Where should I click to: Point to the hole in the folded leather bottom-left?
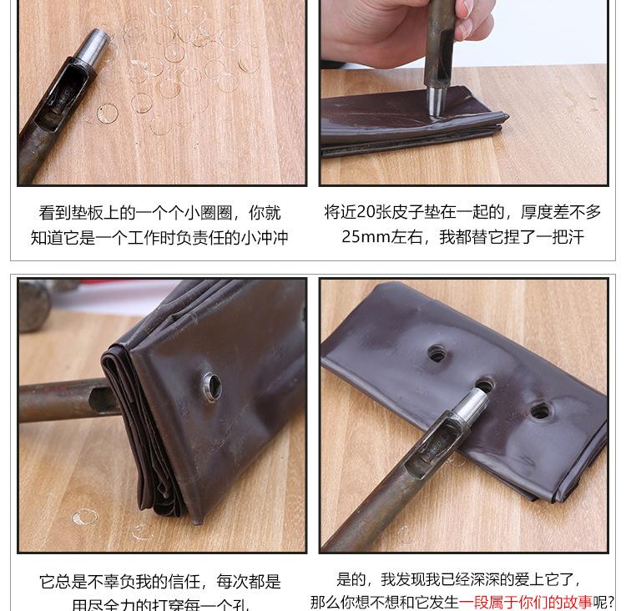(x=212, y=386)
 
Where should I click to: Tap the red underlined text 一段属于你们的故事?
(x=526, y=602)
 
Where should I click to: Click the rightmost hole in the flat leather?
(x=540, y=411)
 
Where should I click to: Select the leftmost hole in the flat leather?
(x=437, y=353)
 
